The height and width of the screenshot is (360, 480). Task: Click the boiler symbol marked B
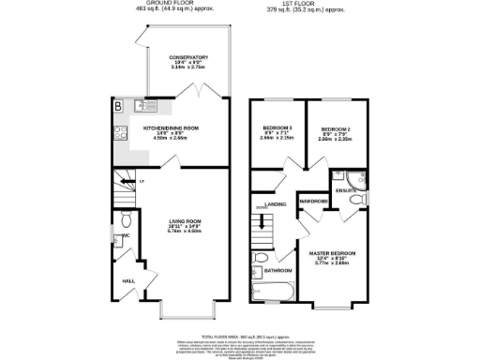coord(118,106)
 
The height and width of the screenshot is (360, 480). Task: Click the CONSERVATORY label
coord(182,58)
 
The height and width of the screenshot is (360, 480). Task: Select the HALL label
coord(127,279)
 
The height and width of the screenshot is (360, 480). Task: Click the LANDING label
coord(276,203)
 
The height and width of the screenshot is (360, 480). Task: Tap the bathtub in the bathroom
coord(272,293)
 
